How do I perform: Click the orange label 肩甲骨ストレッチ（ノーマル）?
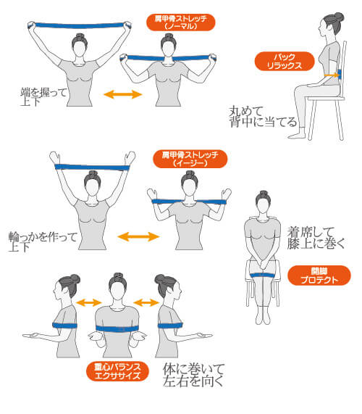point(180,22)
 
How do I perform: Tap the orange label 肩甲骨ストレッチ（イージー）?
point(190,159)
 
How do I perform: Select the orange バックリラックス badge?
point(285,61)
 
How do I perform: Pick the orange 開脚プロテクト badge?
point(319,276)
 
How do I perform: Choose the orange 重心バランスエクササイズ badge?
point(117,371)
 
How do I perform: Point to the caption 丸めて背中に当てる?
point(263,117)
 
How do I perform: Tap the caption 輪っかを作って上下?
point(43,241)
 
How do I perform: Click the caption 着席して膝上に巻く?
point(316,238)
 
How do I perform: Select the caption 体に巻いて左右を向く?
point(193,375)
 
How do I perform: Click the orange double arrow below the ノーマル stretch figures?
point(123,94)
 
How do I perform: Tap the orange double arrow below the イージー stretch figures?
point(138,236)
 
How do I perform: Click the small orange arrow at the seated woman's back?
point(331,75)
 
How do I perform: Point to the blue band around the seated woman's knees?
point(263,276)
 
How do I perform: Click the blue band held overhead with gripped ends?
point(80,25)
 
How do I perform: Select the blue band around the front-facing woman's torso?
point(117,328)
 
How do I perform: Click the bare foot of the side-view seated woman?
point(297,136)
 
